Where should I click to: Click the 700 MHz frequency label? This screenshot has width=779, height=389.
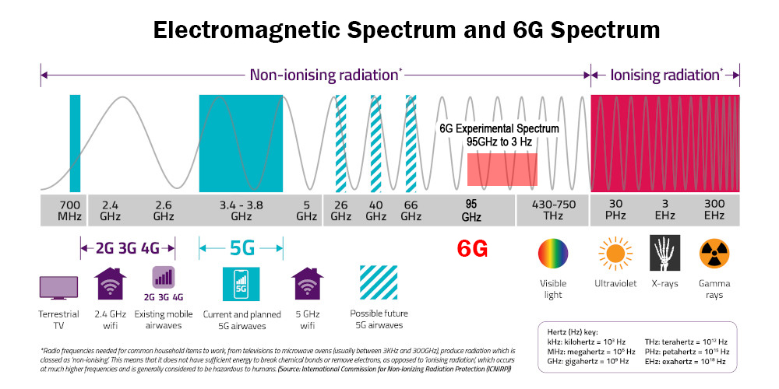(69, 210)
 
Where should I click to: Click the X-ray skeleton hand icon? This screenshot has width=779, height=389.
(664, 254)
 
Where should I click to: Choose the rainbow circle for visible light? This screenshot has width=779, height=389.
(553, 254)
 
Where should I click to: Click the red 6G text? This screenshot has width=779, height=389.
(472, 248)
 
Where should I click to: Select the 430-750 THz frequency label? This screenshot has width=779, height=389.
(553, 210)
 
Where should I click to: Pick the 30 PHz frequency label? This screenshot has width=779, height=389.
(615, 210)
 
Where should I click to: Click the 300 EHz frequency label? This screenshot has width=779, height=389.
(714, 210)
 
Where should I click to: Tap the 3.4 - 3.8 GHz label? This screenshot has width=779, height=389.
(241, 210)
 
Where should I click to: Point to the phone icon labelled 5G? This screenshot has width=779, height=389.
(240, 285)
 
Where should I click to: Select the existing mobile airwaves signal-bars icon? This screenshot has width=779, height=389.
(164, 278)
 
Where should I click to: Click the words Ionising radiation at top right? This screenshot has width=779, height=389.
(664, 75)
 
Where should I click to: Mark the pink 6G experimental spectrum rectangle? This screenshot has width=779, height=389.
(502, 170)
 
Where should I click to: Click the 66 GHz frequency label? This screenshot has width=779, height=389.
(411, 210)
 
